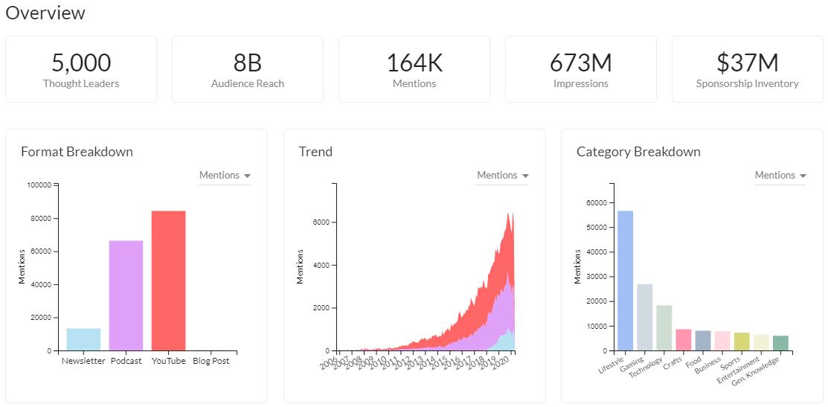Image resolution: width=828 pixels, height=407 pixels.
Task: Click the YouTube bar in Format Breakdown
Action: pyautogui.click(x=168, y=281)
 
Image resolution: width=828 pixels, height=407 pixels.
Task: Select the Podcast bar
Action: pyautogui.click(x=126, y=295)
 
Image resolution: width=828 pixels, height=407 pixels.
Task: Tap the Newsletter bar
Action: pyautogui.click(x=83, y=339)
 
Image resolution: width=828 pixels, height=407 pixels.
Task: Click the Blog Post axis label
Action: pyautogui.click(x=211, y=362)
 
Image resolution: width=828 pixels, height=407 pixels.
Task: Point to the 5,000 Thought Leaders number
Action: pyautogui.click(x=81, y=63)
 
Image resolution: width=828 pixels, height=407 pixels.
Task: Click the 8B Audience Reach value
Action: pyautogui.click(x=248, y=63)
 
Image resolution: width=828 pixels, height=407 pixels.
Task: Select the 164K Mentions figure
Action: pyautogui.click(x=414, y=63)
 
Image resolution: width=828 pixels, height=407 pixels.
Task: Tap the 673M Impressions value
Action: pyautogui.click(x=581, y=63)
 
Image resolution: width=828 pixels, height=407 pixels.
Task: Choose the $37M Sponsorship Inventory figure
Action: pyautogui.click(x=748, y=63)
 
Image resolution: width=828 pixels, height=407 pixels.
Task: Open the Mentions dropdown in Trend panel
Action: pyautogui.click(x=503, y=176)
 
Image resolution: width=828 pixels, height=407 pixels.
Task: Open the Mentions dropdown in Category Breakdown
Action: pyautogui.click(x=780, y=176)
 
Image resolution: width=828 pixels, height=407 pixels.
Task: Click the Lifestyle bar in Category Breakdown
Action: pyautogui.click(x=625, y=281)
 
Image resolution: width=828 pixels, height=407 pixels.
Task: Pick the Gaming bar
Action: pyautogui.click(x=644, y=317)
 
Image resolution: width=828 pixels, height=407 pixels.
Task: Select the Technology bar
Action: pyautogui.click(x=664, y=327)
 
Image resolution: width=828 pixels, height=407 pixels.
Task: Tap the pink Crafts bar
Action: pyautogui.click(x=683, y=340)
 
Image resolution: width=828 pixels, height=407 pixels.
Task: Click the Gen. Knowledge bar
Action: pyautogui.click(x=780, y=343)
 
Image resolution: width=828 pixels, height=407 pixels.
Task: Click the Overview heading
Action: pyautogui.click(x=45, y=13)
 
